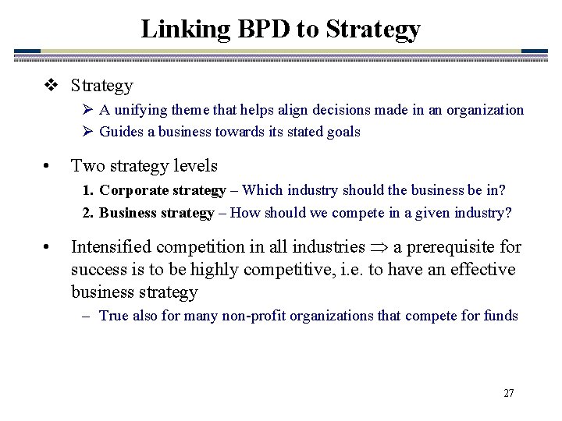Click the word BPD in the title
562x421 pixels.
point(256,29)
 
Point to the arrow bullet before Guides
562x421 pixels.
point(87,132)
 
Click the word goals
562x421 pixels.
point(343,132)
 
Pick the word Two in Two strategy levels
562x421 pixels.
point(86,165)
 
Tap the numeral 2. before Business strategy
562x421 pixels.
point(90,213)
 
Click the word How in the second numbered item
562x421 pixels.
point(247,213)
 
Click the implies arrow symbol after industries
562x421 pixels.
point(379,248)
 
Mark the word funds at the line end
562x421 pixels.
point(500,316)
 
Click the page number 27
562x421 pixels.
point(508,393)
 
